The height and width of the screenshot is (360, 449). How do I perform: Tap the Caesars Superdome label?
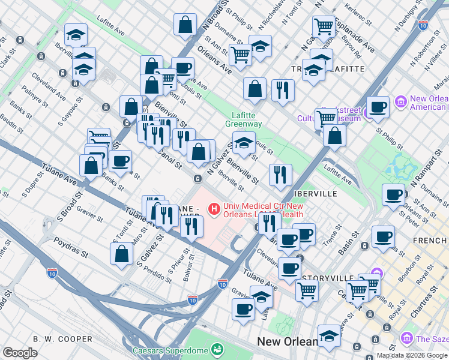[x=170, y=350]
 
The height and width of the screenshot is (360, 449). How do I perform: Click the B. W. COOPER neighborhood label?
[x=62, y=339]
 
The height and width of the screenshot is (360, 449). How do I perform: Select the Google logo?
[x=20, y=353]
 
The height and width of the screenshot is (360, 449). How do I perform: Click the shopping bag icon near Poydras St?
[x=121, y=253]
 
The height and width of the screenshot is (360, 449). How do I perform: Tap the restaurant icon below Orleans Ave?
[x=282, y=89]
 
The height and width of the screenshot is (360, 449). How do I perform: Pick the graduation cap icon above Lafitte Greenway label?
[x=243, y=144]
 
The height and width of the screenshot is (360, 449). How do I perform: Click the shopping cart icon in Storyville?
[x=307, y=290]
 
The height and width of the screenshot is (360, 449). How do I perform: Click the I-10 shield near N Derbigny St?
[x=424, y=26]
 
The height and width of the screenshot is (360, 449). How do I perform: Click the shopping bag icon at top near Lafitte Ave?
[x=185, y=24]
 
